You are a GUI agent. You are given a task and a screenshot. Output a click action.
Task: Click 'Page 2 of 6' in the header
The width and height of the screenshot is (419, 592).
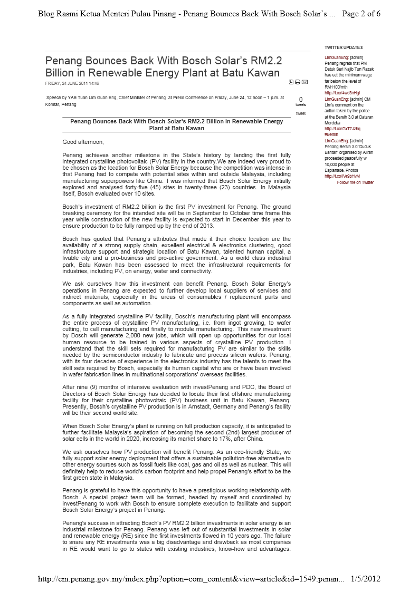click(x=361, y=14)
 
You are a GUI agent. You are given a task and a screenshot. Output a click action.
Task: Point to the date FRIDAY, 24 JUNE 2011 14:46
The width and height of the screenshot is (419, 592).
click(x=72, y=83)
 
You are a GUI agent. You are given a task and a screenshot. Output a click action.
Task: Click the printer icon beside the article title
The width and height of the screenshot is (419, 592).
click(x=298, y=82)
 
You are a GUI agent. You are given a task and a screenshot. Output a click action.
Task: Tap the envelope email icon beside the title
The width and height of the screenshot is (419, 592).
click(x=304, y=82)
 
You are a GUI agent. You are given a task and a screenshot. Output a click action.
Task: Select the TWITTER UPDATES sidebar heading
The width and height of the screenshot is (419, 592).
click(x=344, y=48)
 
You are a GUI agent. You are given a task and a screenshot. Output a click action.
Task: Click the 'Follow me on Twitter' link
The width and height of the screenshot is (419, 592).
click(x=355, y=182)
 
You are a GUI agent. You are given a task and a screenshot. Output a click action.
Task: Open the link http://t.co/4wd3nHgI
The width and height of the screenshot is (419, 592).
click(x=342, y=93)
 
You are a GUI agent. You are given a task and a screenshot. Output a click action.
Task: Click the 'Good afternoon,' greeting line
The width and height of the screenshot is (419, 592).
click(x=83, y=142)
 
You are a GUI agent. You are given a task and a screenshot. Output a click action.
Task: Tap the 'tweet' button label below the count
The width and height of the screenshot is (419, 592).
click(x=300, y=113)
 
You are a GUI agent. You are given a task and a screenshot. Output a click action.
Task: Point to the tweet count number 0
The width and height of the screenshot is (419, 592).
click(x=301, y=99)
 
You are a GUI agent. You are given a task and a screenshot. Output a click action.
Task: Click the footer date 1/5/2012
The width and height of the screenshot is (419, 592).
click(x=365, y=579)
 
